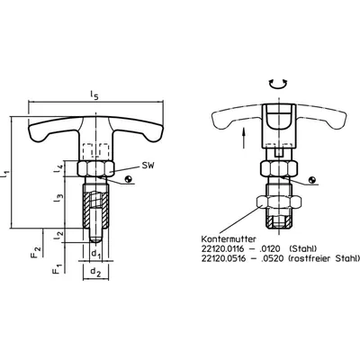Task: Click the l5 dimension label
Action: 94,95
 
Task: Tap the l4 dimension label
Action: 58,169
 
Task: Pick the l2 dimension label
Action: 58,235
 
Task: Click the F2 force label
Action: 36,252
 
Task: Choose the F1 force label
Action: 57,268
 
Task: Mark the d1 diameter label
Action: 96,255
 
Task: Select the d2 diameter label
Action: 96,272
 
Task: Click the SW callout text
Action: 148,165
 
